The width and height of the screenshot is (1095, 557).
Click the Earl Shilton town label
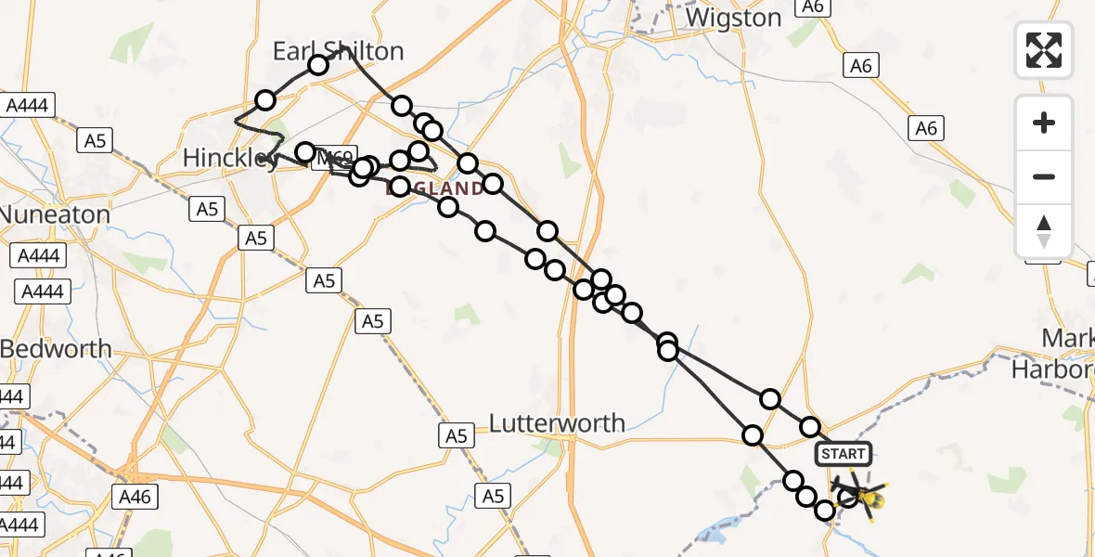pyautogui.click(x=338, y=51)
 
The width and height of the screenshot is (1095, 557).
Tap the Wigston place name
pyautogui.click(x=733, y=18)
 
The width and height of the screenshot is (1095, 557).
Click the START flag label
pyautogui.click(x=843, y=454)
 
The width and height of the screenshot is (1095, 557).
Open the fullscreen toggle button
pyautogui.click(x=1044, y=50)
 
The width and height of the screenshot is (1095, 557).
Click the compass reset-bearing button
pyautogui.click(x=1044, y=231)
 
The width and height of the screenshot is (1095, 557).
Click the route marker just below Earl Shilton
pyautogui.click(x=318, y=64)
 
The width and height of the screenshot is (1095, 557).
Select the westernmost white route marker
pyautogui.click(x=266, y=100)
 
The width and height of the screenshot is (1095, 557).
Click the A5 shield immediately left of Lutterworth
pyautogui.click(x=456, y=435)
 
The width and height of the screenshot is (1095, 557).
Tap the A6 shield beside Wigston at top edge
pyautogui.click(x=812, y=6)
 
